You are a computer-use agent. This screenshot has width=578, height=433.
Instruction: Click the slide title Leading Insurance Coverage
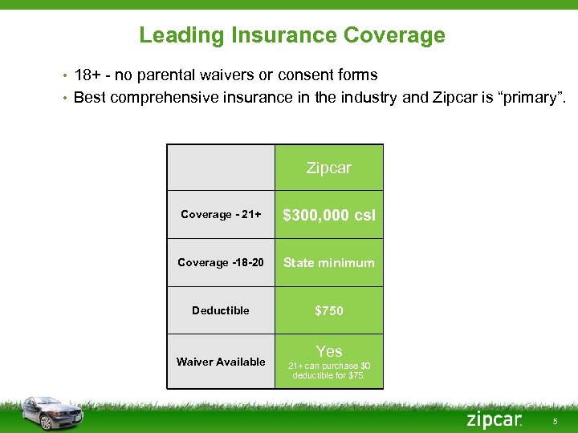[291, 35]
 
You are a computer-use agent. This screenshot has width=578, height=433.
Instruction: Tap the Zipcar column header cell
[329, 168]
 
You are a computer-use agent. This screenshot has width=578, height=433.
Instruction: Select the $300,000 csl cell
[329, 215]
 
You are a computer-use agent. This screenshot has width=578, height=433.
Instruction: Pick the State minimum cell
[329, 263]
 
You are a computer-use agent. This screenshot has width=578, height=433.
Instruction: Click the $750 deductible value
[329, 310]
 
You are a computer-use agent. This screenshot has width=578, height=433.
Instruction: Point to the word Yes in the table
[329, 351]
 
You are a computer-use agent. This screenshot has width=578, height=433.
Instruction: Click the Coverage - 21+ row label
[221, 215]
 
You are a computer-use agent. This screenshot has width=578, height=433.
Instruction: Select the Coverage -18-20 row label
[221, 263]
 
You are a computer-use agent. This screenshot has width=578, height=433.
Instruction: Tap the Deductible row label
[221, 310]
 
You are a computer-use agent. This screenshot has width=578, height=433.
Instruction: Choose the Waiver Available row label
[221, 362]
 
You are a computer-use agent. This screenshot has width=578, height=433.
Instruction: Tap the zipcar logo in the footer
[494, 419]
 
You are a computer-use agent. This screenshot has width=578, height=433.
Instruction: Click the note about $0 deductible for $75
[329, 370]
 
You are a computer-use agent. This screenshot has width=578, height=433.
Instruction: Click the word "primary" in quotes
[532, 99]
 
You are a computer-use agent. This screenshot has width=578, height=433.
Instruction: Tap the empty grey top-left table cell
[221, 168]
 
